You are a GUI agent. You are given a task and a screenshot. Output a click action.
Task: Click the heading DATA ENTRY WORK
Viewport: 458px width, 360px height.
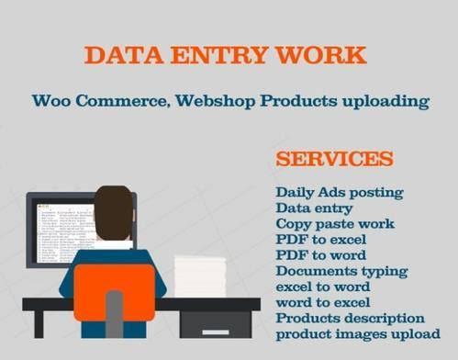(225, 55)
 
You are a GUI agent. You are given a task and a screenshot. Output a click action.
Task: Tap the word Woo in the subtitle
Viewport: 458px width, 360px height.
(50, 100)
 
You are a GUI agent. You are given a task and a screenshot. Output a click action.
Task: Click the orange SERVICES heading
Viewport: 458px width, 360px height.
(334, 158)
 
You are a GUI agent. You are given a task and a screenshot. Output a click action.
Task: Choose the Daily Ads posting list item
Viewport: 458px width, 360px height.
(339, 192)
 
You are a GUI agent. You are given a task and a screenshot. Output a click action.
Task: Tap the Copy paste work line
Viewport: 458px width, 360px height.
(335, 224)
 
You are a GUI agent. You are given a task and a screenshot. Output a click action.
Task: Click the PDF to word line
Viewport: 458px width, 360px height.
(320, 255)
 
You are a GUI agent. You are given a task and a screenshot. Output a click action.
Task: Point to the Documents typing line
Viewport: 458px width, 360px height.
(341, 271)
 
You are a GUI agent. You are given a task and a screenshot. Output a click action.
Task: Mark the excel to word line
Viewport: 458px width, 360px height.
(322, 287)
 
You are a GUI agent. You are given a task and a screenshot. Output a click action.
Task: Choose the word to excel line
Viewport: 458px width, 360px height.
(322, 302)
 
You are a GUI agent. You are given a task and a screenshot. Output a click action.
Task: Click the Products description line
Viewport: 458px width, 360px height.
(350, 318)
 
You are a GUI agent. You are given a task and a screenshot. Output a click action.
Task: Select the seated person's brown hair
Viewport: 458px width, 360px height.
(114, 208)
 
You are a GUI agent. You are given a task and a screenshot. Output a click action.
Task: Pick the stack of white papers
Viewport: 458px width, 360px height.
(199, 276)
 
